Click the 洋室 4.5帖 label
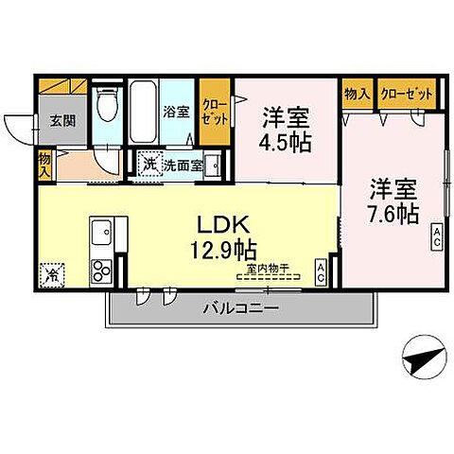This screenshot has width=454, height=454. click(285, 131)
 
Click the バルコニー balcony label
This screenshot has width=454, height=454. click(240, 309)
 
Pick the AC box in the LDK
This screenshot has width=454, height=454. click(322, 272)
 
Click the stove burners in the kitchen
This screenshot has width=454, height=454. click(101, 272)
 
